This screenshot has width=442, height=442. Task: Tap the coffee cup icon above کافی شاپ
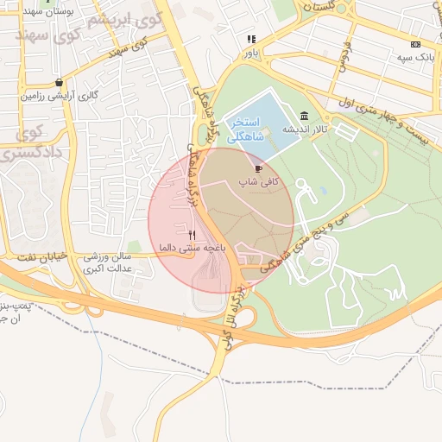tap(259, 168)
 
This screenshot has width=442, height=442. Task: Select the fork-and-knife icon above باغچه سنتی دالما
tap(192, 234)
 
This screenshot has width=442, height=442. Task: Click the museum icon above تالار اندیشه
tap(304, 117)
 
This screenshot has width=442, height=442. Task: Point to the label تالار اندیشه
tap(304, 129)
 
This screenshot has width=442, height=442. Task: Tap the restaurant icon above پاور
tap(251, 39)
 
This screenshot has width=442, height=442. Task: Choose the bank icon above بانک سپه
tap(416, 44)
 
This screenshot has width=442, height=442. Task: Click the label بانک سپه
tap(414, 57)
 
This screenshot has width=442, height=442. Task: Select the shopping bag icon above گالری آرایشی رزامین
tap(59, 83)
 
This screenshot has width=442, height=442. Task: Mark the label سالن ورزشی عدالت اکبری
tap(107, 263)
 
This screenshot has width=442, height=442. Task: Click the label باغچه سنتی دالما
tap(191, 248)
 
